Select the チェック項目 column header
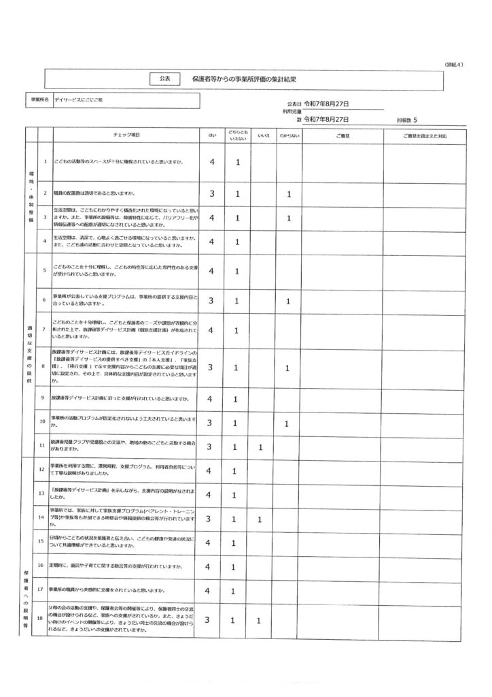click(x=126, y=135)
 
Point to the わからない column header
click(x=289, y=135)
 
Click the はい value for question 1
click(x=212, y=162)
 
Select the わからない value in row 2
click(x=289, y=193)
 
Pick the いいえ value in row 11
click(x=260, y=447)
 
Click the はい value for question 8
click(x=212, y=368)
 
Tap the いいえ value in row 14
click(x=260, y=519)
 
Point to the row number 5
click(x=45, y=270)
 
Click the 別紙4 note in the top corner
click(x=453, y=64)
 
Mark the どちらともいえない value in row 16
click(x=237, y=566)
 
